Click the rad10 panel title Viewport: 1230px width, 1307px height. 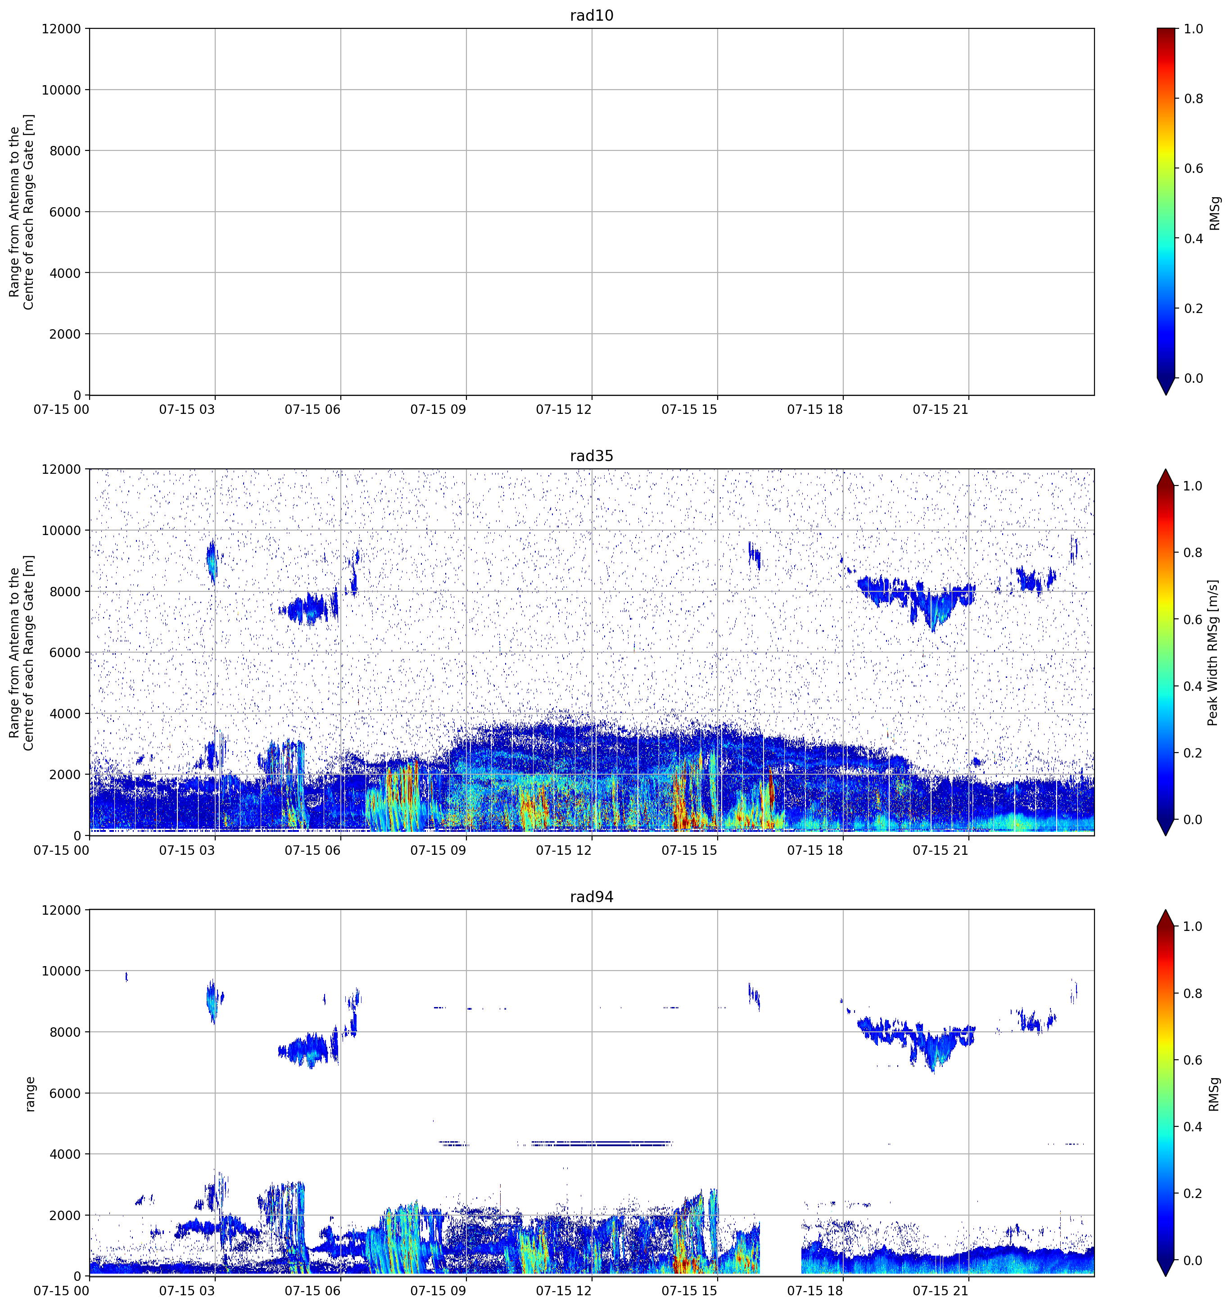coord(591,15)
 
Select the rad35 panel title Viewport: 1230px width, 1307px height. coord(591,456)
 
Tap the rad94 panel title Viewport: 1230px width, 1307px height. coord(591,897)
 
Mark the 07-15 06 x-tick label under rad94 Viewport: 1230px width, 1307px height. coord(313,1291)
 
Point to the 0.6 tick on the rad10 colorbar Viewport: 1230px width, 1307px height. coord(1193,168)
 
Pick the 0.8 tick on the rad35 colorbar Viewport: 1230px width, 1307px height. coord(1193,552)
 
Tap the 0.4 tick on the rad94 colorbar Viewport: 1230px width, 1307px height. coord(1193,1127)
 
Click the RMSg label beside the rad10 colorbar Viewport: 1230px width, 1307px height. coord(1215,213)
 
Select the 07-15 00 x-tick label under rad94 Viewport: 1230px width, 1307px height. coord(61,1291)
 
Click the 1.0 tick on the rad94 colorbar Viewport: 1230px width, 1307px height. coord(1193,926)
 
